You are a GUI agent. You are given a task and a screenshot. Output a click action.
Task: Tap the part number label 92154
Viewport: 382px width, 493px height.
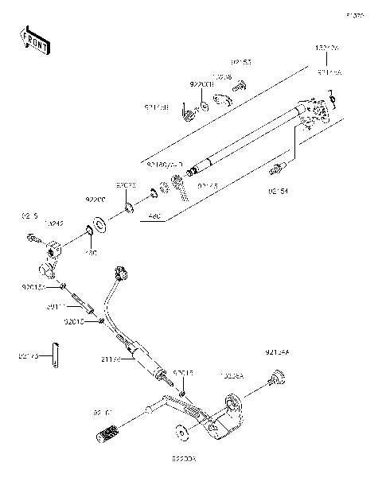point(300,192)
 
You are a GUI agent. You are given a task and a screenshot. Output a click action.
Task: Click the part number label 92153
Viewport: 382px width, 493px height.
point(242,61)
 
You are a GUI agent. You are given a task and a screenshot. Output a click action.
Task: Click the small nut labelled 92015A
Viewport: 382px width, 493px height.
point(62,284)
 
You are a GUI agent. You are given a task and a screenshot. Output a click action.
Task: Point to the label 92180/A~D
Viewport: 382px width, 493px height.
point(165,164)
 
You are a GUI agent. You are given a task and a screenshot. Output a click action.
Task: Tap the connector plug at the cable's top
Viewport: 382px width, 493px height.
point(122,273)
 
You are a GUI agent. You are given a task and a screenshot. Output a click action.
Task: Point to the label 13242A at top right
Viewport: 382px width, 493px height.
point(327,49)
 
